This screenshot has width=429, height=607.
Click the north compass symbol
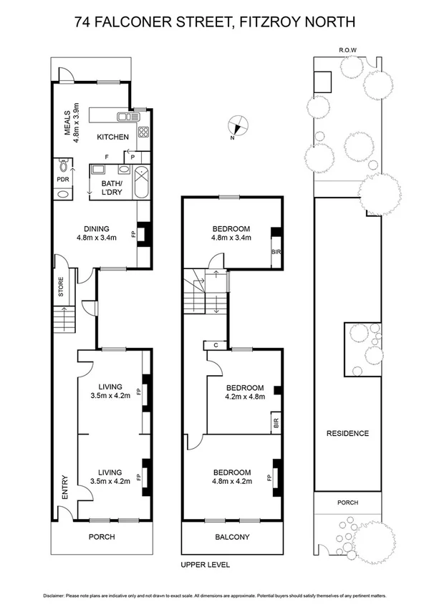[236, 127]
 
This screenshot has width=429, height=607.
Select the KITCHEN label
[112, 137]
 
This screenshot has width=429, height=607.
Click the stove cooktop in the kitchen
[143, 132]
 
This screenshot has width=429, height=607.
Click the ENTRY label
[65, 487]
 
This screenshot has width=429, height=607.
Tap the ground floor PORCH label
[101, 536]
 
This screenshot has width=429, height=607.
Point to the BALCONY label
[232, 536]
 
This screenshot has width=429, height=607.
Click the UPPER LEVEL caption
[206, 565]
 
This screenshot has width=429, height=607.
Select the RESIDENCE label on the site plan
[347, 433]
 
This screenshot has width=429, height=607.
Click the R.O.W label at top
[347, 50]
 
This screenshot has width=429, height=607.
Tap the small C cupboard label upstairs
[215, 345]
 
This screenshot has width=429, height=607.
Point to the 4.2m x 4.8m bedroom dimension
[245, 396]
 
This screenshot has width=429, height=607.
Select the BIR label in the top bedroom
[276, 253]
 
